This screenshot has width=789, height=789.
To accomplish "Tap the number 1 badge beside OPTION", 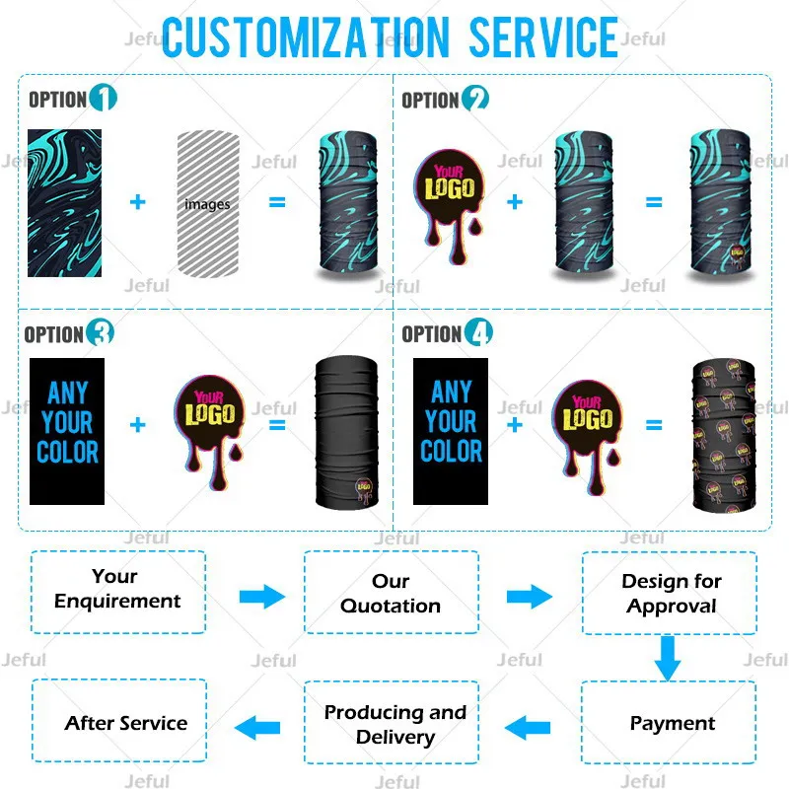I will coord(103,99).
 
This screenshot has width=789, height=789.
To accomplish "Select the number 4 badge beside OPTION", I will coord(478,333).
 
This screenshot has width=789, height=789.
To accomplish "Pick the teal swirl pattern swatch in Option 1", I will coord(64,202).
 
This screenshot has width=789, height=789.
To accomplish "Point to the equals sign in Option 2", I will coord(654,202).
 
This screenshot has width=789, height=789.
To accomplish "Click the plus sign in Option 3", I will coord(137,425).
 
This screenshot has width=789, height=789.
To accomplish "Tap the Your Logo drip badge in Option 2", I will coord(449,197).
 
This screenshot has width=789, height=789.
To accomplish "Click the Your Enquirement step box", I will coord(118,591).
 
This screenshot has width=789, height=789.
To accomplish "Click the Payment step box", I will coord(671,724).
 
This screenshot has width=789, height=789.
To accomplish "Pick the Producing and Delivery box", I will coord(394,724).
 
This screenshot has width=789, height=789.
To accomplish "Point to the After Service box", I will coord(120,723).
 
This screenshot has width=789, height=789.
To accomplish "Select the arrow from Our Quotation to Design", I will coord(529,596).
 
